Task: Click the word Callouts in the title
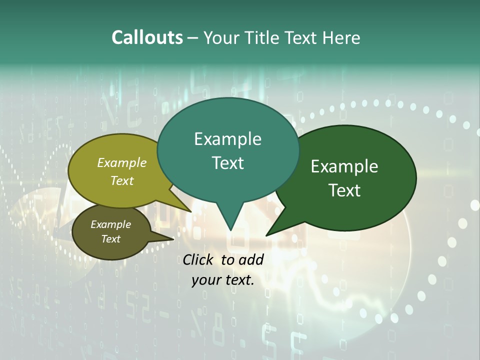click(x=147, y=37)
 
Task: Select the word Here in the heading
click(x=341, y=37)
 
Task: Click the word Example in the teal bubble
click(x=227, y=139)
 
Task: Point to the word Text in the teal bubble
click(x=227, y=162)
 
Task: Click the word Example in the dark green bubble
click(x=344, y=166)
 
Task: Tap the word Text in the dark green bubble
click(x=344, y=190)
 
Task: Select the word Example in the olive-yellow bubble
click(x=121, y=162)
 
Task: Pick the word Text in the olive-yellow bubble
click(x=121, y=180)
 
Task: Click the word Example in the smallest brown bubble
click(x=110, y=224)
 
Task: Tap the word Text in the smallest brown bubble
click(x=110, y=239)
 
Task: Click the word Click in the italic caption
click(x=198, y=259)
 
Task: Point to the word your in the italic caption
click(x=205, y=280)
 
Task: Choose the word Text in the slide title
click(x=299, y=37)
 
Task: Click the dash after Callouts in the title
click(x=192, y=38)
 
